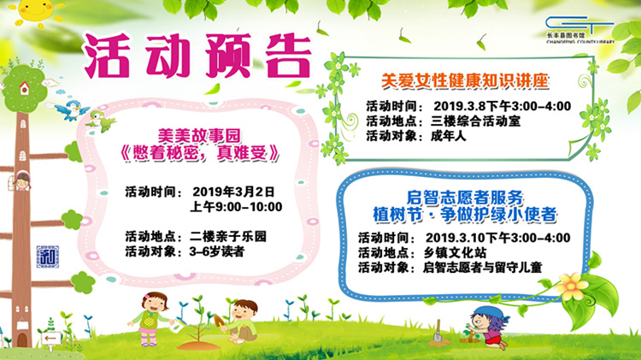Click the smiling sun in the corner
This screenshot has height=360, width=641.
click(36, 11)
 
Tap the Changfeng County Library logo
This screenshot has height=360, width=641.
click(580, 29)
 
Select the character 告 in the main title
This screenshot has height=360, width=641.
click(287, 56)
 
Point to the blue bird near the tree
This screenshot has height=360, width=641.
click(72, 109)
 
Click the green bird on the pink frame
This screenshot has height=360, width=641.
click(101, 121)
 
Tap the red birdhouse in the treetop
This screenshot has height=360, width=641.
click(25, 88)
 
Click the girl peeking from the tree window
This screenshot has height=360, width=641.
click(21, 181)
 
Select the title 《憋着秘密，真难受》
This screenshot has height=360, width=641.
click(199, 153)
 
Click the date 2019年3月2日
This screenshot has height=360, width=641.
click(233, 192)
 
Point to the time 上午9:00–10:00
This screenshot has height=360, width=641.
click(236, 207)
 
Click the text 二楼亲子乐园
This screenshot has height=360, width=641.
click(227, 237)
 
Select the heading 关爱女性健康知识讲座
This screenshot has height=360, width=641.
click(464, 80)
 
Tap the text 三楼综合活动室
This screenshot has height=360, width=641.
click(475, 121)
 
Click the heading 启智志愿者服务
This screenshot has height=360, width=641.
click(464, 198)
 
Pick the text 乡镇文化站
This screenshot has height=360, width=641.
click(455, 252)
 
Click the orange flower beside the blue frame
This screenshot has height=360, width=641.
click(573, 286)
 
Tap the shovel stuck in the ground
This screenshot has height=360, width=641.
click(438, 332)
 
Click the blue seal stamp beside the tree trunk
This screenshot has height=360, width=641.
click(48, 257)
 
